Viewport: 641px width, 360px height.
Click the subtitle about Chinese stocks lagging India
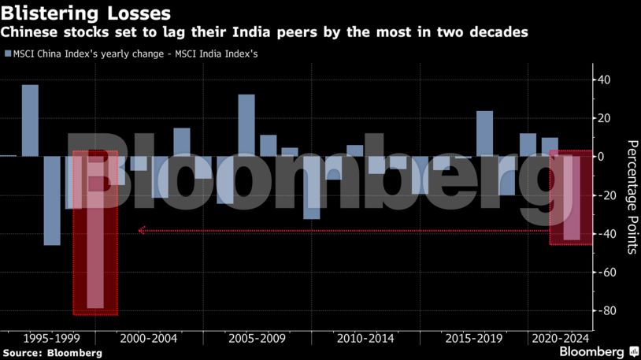tap(265, 32)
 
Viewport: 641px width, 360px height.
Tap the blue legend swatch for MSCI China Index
tap(8, 54)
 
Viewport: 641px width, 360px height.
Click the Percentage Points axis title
tap(632, 197)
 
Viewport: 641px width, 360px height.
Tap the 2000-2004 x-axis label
tap(148, 338)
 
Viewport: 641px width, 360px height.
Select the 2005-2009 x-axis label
tap(257, 338)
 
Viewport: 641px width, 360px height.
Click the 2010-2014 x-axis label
tap(365, 338)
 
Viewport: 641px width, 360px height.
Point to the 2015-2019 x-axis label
tap(473, 338)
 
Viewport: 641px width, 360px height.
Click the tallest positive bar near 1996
tap(30, 120)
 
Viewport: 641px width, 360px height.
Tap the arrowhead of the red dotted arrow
tap(141, 231)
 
